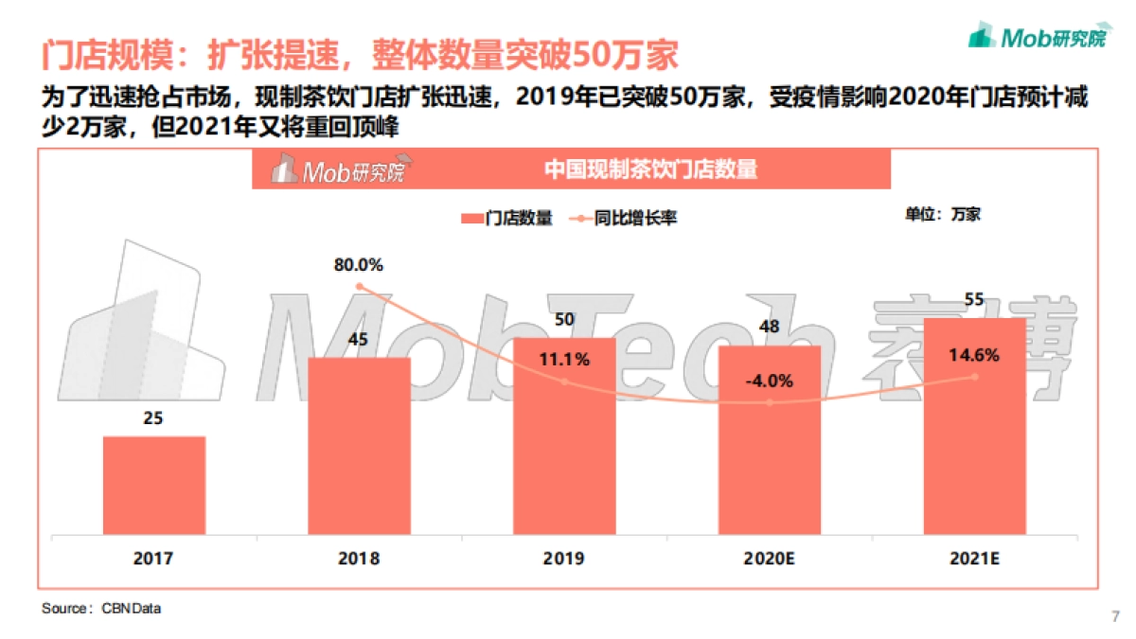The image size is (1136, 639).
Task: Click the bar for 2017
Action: tap(154, 486)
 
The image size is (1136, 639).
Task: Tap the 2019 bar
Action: tap(564, 436)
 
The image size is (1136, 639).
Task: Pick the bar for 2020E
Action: tap(770, 441)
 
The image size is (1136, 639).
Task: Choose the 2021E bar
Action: tap(974, 427)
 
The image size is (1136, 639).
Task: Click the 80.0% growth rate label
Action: tap(359, 265)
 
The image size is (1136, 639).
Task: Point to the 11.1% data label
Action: tap(565, 360)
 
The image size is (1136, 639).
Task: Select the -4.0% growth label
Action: tap(770, 382)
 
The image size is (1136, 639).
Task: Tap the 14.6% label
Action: tap(975, 356)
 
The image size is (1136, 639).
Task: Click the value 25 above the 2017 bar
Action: tap(154, 417)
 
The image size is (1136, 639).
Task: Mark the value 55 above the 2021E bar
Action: tap(974, 301)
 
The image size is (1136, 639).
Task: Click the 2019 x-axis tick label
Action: tap(564, 559)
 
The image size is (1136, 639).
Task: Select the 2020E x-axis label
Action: tap(770, 559)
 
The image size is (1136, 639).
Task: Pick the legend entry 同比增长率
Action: tap(625, 219)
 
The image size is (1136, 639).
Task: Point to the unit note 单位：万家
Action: tap(942, 215)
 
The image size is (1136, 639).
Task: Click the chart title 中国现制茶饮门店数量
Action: tap(651, 170)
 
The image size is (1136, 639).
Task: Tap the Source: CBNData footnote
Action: tap(101, 609)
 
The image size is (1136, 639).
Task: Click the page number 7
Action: tap(1114, 617)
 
